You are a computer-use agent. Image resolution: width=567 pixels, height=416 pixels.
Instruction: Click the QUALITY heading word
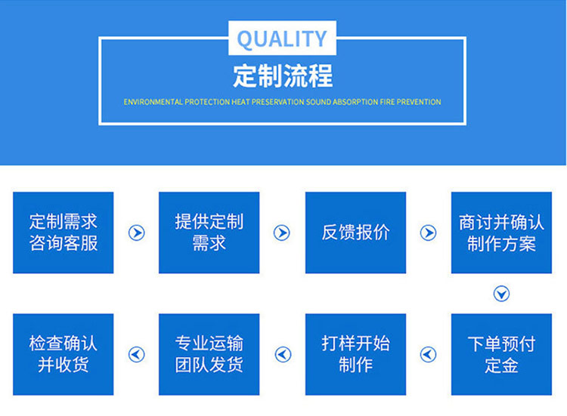(282, 39)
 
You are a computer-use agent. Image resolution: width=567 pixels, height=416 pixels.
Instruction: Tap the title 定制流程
(283, 75)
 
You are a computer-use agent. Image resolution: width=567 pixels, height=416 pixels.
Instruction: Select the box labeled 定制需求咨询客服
(64, 233)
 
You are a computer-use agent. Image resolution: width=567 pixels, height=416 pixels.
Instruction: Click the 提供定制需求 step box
(209, 233)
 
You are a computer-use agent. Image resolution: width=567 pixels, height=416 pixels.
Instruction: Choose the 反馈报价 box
(355, 233)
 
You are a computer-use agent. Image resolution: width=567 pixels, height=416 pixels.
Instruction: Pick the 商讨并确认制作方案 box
(501, 233)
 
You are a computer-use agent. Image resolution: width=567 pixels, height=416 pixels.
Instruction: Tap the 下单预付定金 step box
(501, 354)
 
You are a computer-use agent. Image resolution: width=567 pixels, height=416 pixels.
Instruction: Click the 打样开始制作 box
(355, 354)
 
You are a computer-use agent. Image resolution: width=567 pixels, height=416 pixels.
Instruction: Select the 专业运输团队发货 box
(209, 354)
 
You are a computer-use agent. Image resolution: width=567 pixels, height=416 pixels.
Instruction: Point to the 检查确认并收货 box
(64, 354)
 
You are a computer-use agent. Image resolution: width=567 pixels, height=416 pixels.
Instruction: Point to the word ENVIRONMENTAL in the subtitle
(153, 102)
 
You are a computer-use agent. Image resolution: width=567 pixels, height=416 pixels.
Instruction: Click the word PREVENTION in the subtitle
(419, 102)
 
